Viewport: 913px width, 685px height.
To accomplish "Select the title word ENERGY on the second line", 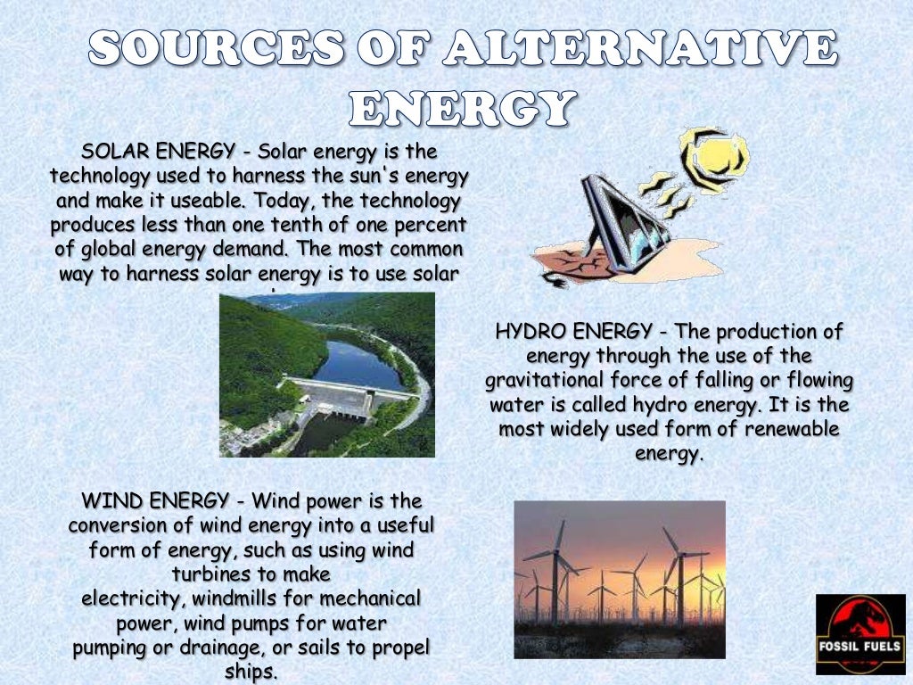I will pyautogui.click(x=459, y=109).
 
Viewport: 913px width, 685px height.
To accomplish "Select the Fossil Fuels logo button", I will pyautogui.click(x=860, y=634).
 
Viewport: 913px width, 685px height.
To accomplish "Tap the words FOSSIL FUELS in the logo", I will pyautogui.click(x=860, y=645).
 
